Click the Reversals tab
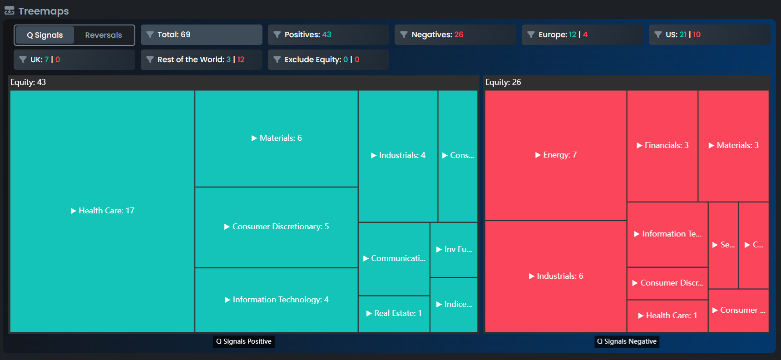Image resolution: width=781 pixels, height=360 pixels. (x=104, y=35)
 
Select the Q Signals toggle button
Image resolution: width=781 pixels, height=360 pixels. (x=45, y=35)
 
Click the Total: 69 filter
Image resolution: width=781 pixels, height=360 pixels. (x=201, y=35)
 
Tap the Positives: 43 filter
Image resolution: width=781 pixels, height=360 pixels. (x=328, y=35)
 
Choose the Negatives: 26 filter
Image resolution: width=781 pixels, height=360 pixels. (x=455, y=35)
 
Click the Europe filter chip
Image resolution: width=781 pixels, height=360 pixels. (x=582, y=35)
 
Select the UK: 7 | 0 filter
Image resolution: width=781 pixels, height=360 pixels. (x=74, y=59)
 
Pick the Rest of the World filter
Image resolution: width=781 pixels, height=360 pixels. (x=201, y=59)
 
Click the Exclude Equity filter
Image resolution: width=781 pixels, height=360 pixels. (x=328, y=59)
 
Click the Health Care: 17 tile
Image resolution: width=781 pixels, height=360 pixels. (x=103, y=211)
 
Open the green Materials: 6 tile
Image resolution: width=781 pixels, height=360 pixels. (x=277, y=138)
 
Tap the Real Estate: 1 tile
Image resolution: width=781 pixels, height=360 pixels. (x=394, y=313)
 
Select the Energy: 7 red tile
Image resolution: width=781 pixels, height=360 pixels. (x=556, y=155)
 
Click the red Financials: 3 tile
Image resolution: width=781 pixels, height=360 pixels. (x=662, y=145)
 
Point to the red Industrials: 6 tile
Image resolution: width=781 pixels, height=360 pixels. (x=556, y=276)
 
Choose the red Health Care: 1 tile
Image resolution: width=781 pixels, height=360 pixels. (x=667, y=316)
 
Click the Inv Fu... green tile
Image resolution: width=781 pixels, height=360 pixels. (x=454, y=249)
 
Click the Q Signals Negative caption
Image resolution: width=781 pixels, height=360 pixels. (x=627, y=341)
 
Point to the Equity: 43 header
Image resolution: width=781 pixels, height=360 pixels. (x=28, y=82)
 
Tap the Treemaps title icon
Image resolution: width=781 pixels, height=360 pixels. (x=10, y=11)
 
